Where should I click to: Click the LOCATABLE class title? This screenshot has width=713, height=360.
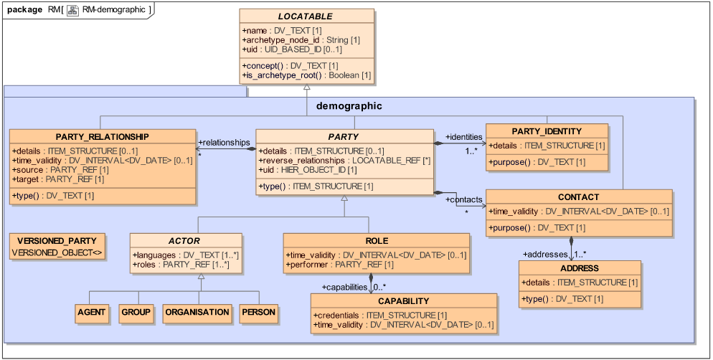pos(306,16)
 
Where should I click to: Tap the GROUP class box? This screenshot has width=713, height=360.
pos(136,312)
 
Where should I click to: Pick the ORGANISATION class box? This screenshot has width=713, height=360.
pos(197,312)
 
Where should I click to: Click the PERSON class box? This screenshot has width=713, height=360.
pos(258,312)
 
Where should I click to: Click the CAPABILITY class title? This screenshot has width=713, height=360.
pos(404,301)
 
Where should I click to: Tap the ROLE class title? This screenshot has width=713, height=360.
pos(376,241)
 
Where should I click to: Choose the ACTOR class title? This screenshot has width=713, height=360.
pos(184,241)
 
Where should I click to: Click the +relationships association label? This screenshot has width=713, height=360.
pos(224,142)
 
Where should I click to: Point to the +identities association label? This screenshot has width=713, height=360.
pos(464,136)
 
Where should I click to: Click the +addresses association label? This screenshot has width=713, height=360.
pos(545,254)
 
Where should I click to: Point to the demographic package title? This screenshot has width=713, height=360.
pos(349,105)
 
